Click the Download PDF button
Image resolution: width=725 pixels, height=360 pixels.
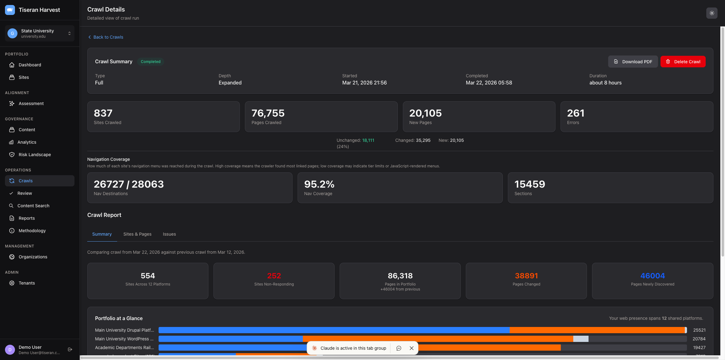tap(633, 62)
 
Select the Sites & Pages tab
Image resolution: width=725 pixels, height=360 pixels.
tap(137, 234)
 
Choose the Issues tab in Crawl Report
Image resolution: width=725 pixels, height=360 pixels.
tap(169, 234)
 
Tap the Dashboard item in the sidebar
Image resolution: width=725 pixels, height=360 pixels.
tap(30, 65)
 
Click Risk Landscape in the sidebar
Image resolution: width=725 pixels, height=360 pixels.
tap(35, 155)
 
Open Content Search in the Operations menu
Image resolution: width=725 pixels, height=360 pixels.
tap(33, 206)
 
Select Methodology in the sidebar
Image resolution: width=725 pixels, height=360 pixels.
tap(32, 231)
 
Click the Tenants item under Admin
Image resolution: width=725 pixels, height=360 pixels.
tap(27, 283)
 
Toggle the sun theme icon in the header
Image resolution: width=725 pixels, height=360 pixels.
tap(712, 13)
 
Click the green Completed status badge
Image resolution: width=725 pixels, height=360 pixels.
tap(150, 62)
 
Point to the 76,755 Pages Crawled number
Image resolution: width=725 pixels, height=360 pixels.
tap(268, 113)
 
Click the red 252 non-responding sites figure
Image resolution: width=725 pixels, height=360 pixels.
tap(274, 276)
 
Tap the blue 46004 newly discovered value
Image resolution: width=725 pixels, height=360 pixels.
tap(652, 276)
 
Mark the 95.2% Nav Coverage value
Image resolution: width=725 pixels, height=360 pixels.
tap(319, 184)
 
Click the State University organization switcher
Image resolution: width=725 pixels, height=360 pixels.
tap(40, 33)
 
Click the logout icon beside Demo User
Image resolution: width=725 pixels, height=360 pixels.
tap(70, 349)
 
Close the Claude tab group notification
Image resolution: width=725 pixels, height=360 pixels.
tap(412, 348)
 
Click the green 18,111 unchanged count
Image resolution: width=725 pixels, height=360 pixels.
tap(368, 140)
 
